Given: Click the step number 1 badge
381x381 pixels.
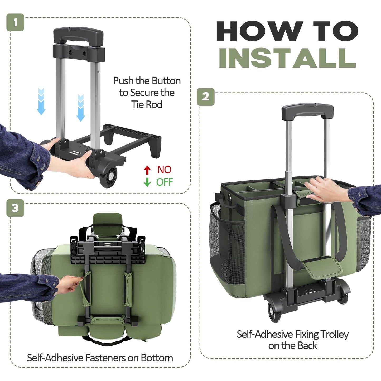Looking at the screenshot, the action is pyautogui.click(x=15, y=22).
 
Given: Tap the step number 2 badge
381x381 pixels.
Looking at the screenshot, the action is pyautogui.click(x=206, y=97).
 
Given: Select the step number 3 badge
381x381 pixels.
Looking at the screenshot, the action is pyautogui.click(x=15, y=208).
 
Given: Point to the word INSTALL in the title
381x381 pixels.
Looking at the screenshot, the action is pyautogui.click(x=287, y=58).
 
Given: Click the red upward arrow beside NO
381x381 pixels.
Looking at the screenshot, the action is pyautogui.click(x=147, y=170).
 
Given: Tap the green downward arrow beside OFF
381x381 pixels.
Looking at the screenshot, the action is pyautogui.click(x=147, y=182).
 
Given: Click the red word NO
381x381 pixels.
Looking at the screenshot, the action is pyautogui.click(x=164, y=170).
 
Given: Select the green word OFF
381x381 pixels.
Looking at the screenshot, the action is pyautogui.click(x=165, y=182).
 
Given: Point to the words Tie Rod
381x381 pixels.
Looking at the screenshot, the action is pyautogui.click(x=147, y=104).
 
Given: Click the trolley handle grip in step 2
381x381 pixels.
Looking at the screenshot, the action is pyautogui.click(x=307, y=112).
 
